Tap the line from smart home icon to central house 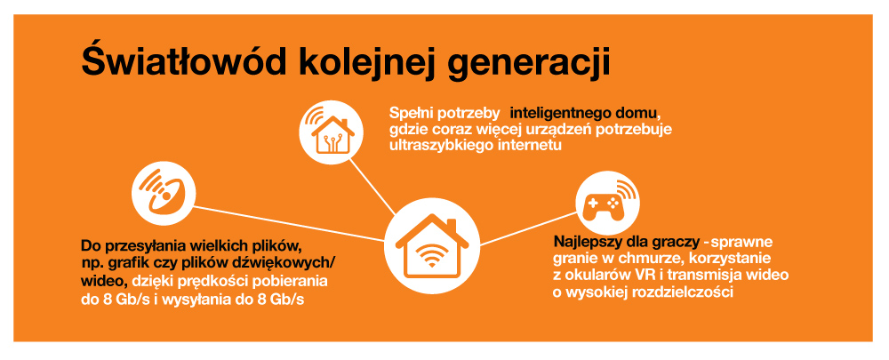click(372, 186)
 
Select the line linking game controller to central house click(528, 228)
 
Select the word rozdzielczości click(685, 292)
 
